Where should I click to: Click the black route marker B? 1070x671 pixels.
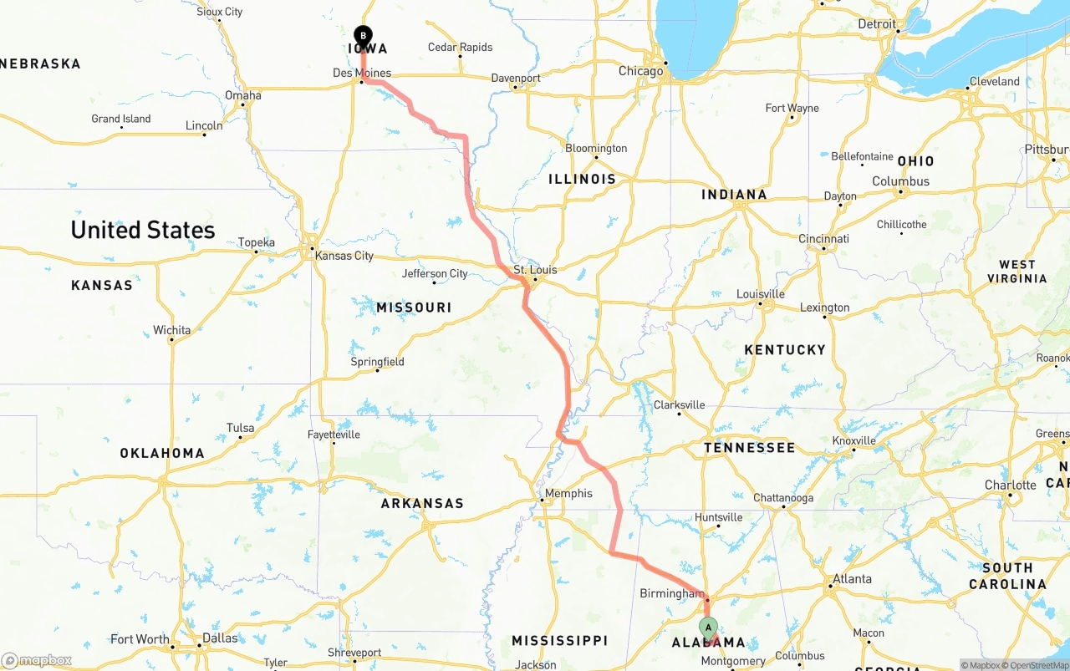pyautogui.click(x=363, y=35)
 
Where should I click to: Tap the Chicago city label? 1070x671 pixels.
pyautogui.click(x=640, y=71)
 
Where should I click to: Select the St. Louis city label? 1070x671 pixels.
pyautogui.click(x=535, y=270)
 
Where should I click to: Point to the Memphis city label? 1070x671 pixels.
pyautogui.click(x=568, y=493)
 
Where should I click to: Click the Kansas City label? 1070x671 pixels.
pyautogui.click(x=344, y=256)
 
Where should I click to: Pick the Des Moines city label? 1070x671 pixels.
pyautogui.click(x=362, y=73)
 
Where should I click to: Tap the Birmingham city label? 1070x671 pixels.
pyautogui.click(x=671, y=593)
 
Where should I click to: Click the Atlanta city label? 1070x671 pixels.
pyautogui.click(x=852, y=578)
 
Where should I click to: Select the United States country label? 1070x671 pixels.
pyautogui.click(x=143, y=230)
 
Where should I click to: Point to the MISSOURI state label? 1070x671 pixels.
pyautogui.click(x=414, y=308)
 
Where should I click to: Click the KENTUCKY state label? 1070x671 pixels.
pyautogui.click(x=785, y=349)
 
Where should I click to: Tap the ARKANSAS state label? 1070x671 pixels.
pyautogui.click(x=422, y=503)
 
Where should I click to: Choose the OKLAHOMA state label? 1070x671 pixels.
pyautogui.click(x=162, y=453)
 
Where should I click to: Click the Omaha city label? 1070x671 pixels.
pyautogui.click(x=243, y=95)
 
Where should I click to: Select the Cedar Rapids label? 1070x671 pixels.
pyautogui.click(x=460, y=48)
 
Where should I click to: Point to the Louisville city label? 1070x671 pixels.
pyautogui.click(x=761, y=294)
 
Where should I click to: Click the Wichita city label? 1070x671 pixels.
pyautogui.click(x=171, y=330)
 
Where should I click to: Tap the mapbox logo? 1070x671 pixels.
pyautogui.click(x=37, y=660)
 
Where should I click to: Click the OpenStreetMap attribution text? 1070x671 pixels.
pyautogui.click(x=1038, y=665)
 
